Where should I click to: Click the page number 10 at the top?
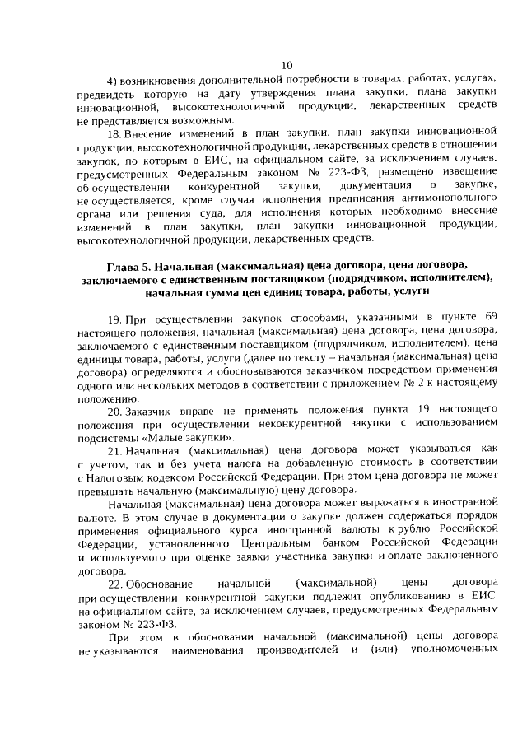(x=287, y=66)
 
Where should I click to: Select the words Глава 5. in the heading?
(x=129, y=265)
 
